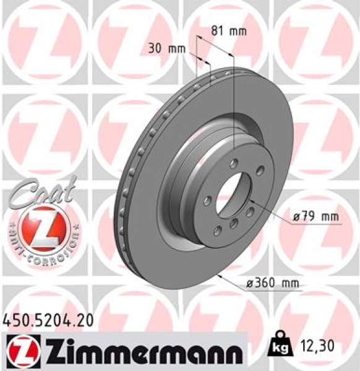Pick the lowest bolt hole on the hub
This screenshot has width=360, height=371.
(x=218, y=231)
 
